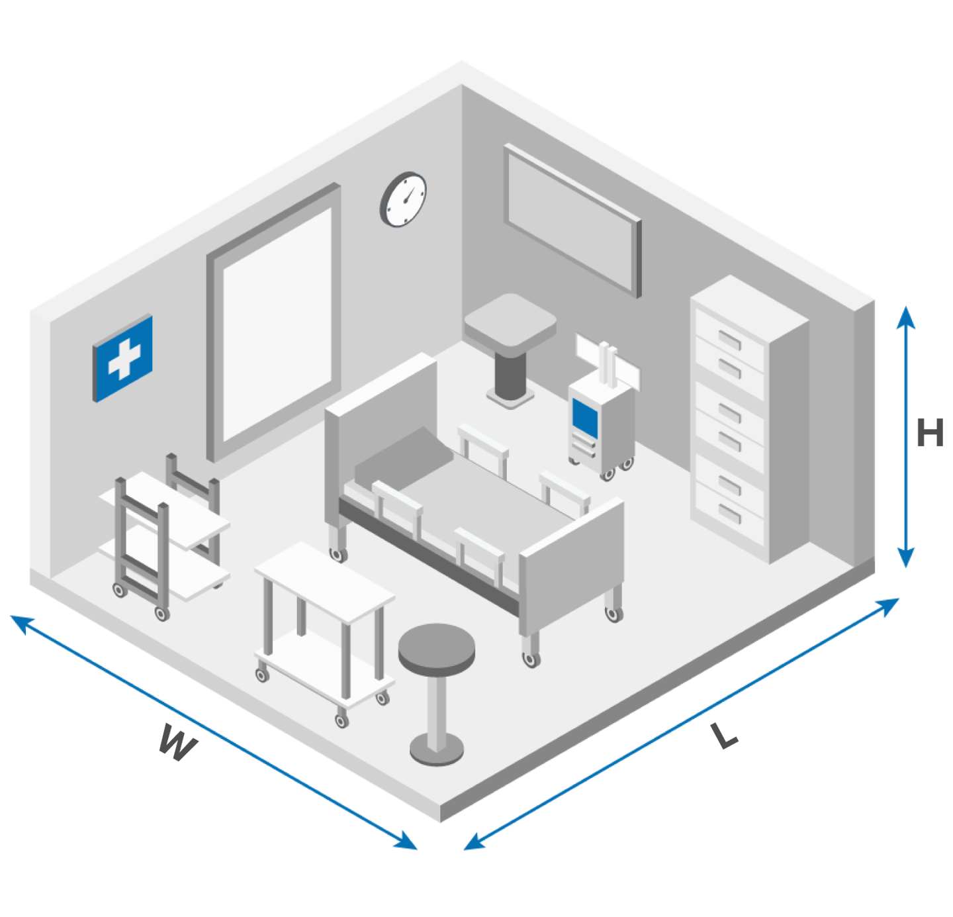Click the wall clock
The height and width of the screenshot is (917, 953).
(x=403, y=199)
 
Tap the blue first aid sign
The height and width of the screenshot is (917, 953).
(x=122, y=358)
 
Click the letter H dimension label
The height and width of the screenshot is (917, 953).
(x=929, y=432)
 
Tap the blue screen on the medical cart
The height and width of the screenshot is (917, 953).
(x=585, y=418)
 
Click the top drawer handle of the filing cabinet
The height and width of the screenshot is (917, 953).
(x=730, y=340)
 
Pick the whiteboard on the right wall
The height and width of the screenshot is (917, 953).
(x=572, y=220)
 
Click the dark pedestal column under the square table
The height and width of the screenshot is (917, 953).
(x=510, y=375)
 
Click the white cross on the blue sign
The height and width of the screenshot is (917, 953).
(x=124, y=359)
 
